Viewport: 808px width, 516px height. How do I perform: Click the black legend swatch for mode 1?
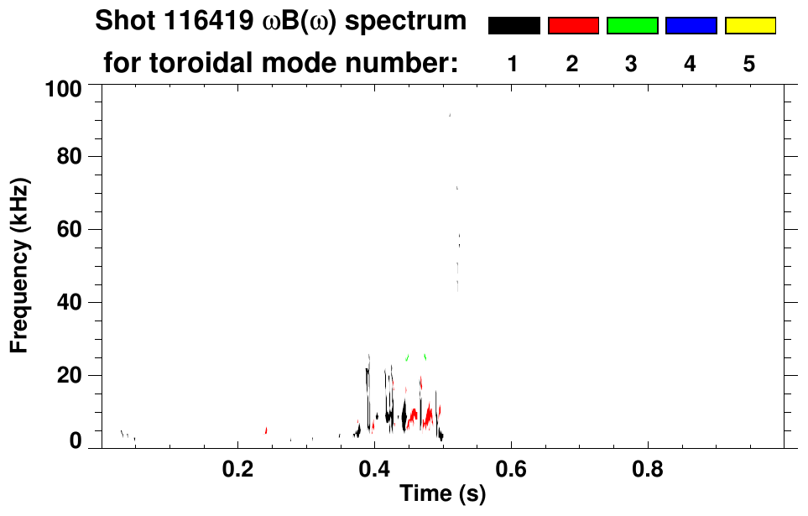513,26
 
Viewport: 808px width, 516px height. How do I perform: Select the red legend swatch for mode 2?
573,26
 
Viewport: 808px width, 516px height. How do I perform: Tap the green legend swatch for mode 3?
632,26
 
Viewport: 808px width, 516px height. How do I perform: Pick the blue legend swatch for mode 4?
691,26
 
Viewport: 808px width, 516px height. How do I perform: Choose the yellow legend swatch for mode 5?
749,26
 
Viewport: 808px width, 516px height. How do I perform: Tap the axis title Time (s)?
442,494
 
